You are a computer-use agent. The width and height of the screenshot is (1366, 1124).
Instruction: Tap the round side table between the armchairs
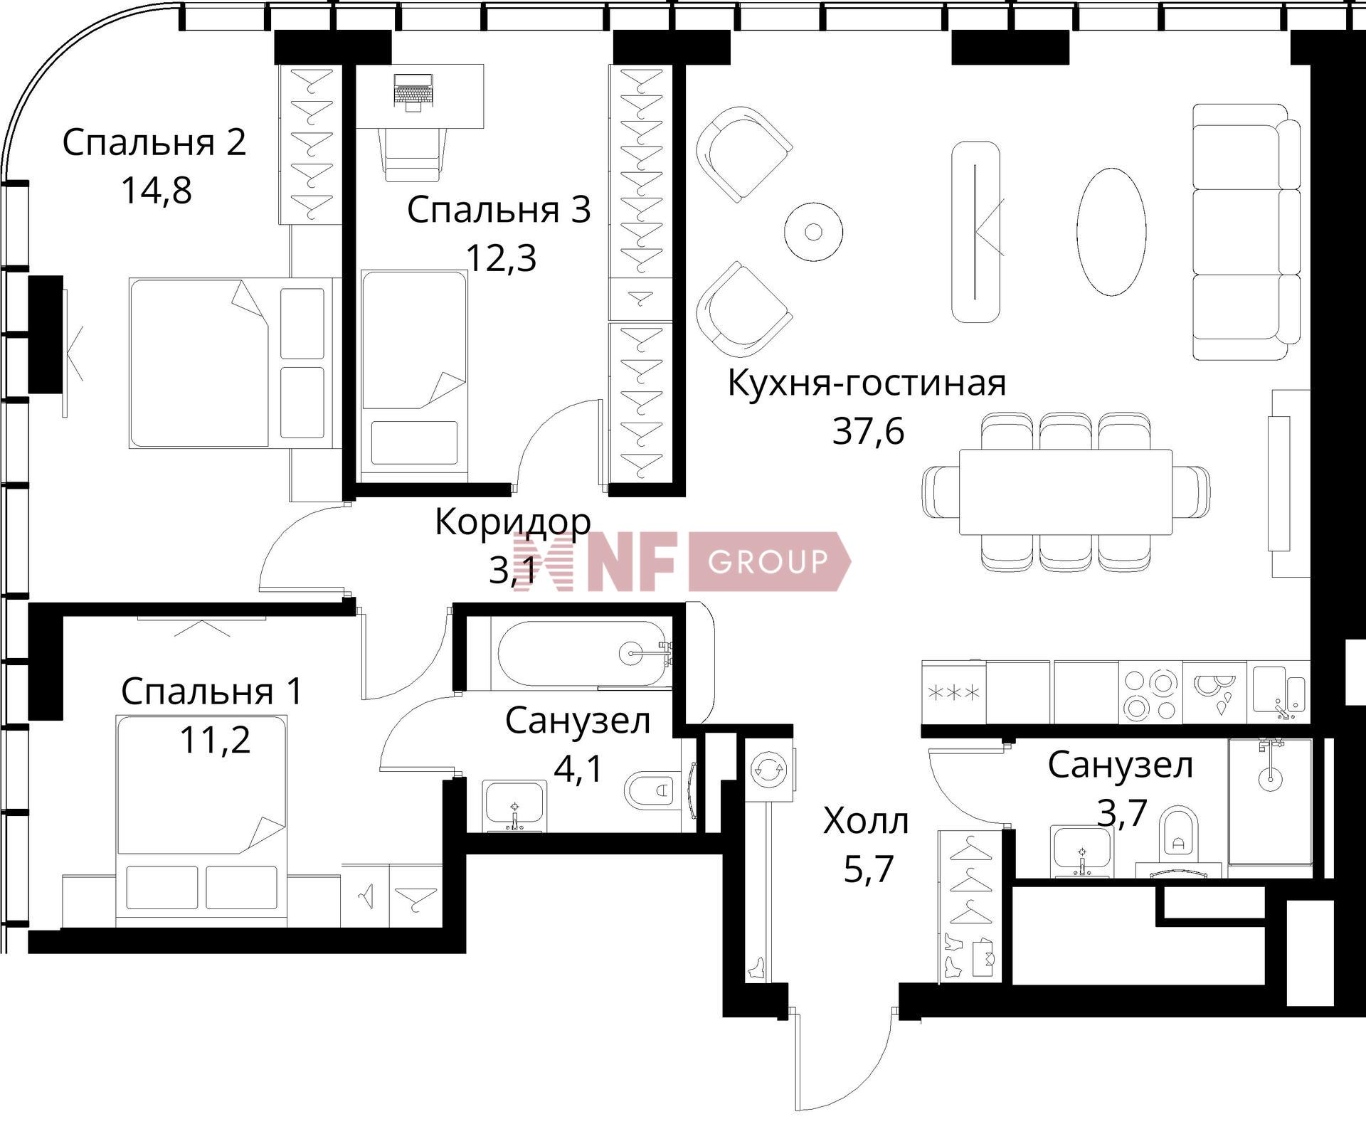(813, 231)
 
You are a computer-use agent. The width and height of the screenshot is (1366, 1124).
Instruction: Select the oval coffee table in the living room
(1111, 232)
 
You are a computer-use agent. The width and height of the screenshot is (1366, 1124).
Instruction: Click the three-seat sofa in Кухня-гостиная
(1246, 232)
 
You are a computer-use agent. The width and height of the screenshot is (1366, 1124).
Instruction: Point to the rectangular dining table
(1065, 492)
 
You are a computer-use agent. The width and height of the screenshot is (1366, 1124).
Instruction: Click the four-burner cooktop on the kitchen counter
(1150, 692)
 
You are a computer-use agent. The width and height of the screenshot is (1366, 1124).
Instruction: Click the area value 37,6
(868, 430)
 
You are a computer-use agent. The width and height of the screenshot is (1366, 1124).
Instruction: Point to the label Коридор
(512, 521)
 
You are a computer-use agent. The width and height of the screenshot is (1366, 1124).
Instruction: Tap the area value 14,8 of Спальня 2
(157, 190)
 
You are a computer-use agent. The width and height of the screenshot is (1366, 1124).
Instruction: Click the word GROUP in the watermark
(768, 561)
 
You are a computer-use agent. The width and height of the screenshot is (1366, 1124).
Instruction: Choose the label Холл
(866, 821)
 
